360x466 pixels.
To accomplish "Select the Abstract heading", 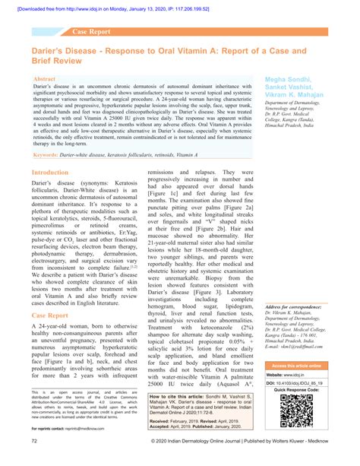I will pyautogui.click(x=45, y=79).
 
